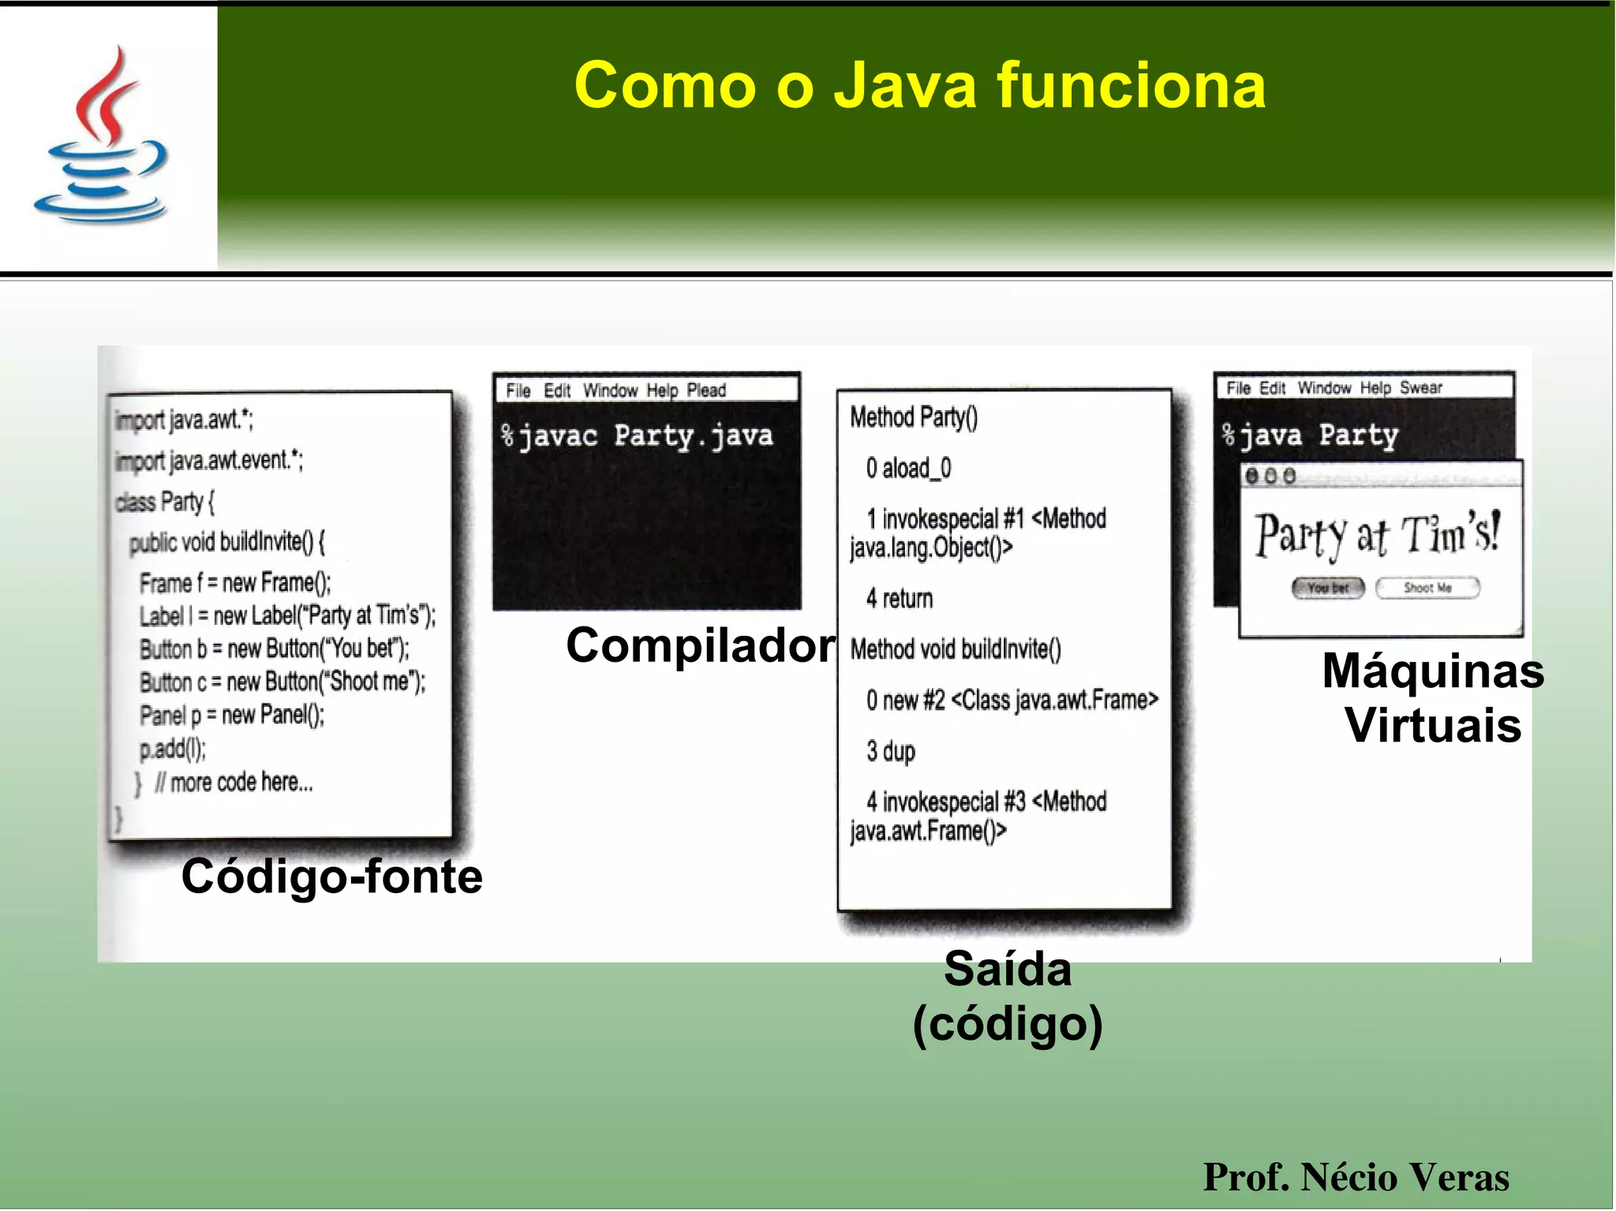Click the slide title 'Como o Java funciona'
pyautogui.click(x=919, y=85)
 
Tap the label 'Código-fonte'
pyautogui.click(x=331, y=876)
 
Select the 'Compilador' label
pyautogui.click(x=700, y=646)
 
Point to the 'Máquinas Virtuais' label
pyautogui.click(x=1432, y=698)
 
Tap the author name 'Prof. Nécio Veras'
pyautogui.click(x=1356, y=1176)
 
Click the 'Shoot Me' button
pyautogui.click(x=1427, y=588)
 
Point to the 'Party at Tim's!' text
pyautogui.click(x=1378, y=535)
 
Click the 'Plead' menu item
pyautogui.click(x=706, y=391)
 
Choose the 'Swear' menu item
pyautogui.click(x=1421, y=388)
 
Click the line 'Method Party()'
pyautogui.click(x=914, y=417)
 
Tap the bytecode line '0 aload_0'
pyautogui.click(x=908, y=469)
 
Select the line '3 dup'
pyautogui.click(x=891, y=751)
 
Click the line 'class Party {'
pyautogui.click(x=165, y=502)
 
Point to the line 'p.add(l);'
pyautogui.click(x=173, y=749)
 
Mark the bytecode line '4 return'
pyautogui.click(x=900, y=599)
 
